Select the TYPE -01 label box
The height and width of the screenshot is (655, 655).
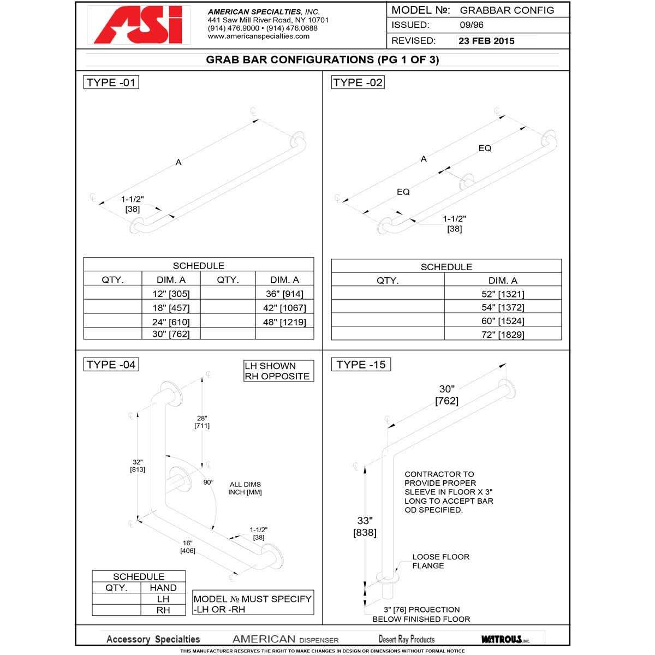[x=111, y=82]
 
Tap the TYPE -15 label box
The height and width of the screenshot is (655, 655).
[x=361, y=365]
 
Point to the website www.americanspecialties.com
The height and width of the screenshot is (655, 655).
[x=259, y=36]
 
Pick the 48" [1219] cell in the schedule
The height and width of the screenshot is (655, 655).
[x=284, y=322]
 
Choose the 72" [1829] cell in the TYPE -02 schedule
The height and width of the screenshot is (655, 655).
[x=503, y=335]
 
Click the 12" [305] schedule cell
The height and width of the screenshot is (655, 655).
[x=171, y=294]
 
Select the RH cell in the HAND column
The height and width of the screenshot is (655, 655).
[x=163, y=610]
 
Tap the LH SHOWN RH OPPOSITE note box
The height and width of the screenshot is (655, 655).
[x=278, y=371]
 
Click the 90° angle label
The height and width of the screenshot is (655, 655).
[x=209, y=483]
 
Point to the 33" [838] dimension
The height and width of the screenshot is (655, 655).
[x=365, y=526]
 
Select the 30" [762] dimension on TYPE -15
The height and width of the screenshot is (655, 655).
[x=446, y=395]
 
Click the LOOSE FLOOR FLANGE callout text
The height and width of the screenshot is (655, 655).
[x=440, y=561]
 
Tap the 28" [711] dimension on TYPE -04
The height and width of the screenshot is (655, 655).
[x=202, y=421]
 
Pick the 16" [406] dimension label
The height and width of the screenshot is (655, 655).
[x=188, y=547]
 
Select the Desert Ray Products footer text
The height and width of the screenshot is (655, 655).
[x=407, y=639]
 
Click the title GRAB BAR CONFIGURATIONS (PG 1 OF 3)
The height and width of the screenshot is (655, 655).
[x=322, y=59]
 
